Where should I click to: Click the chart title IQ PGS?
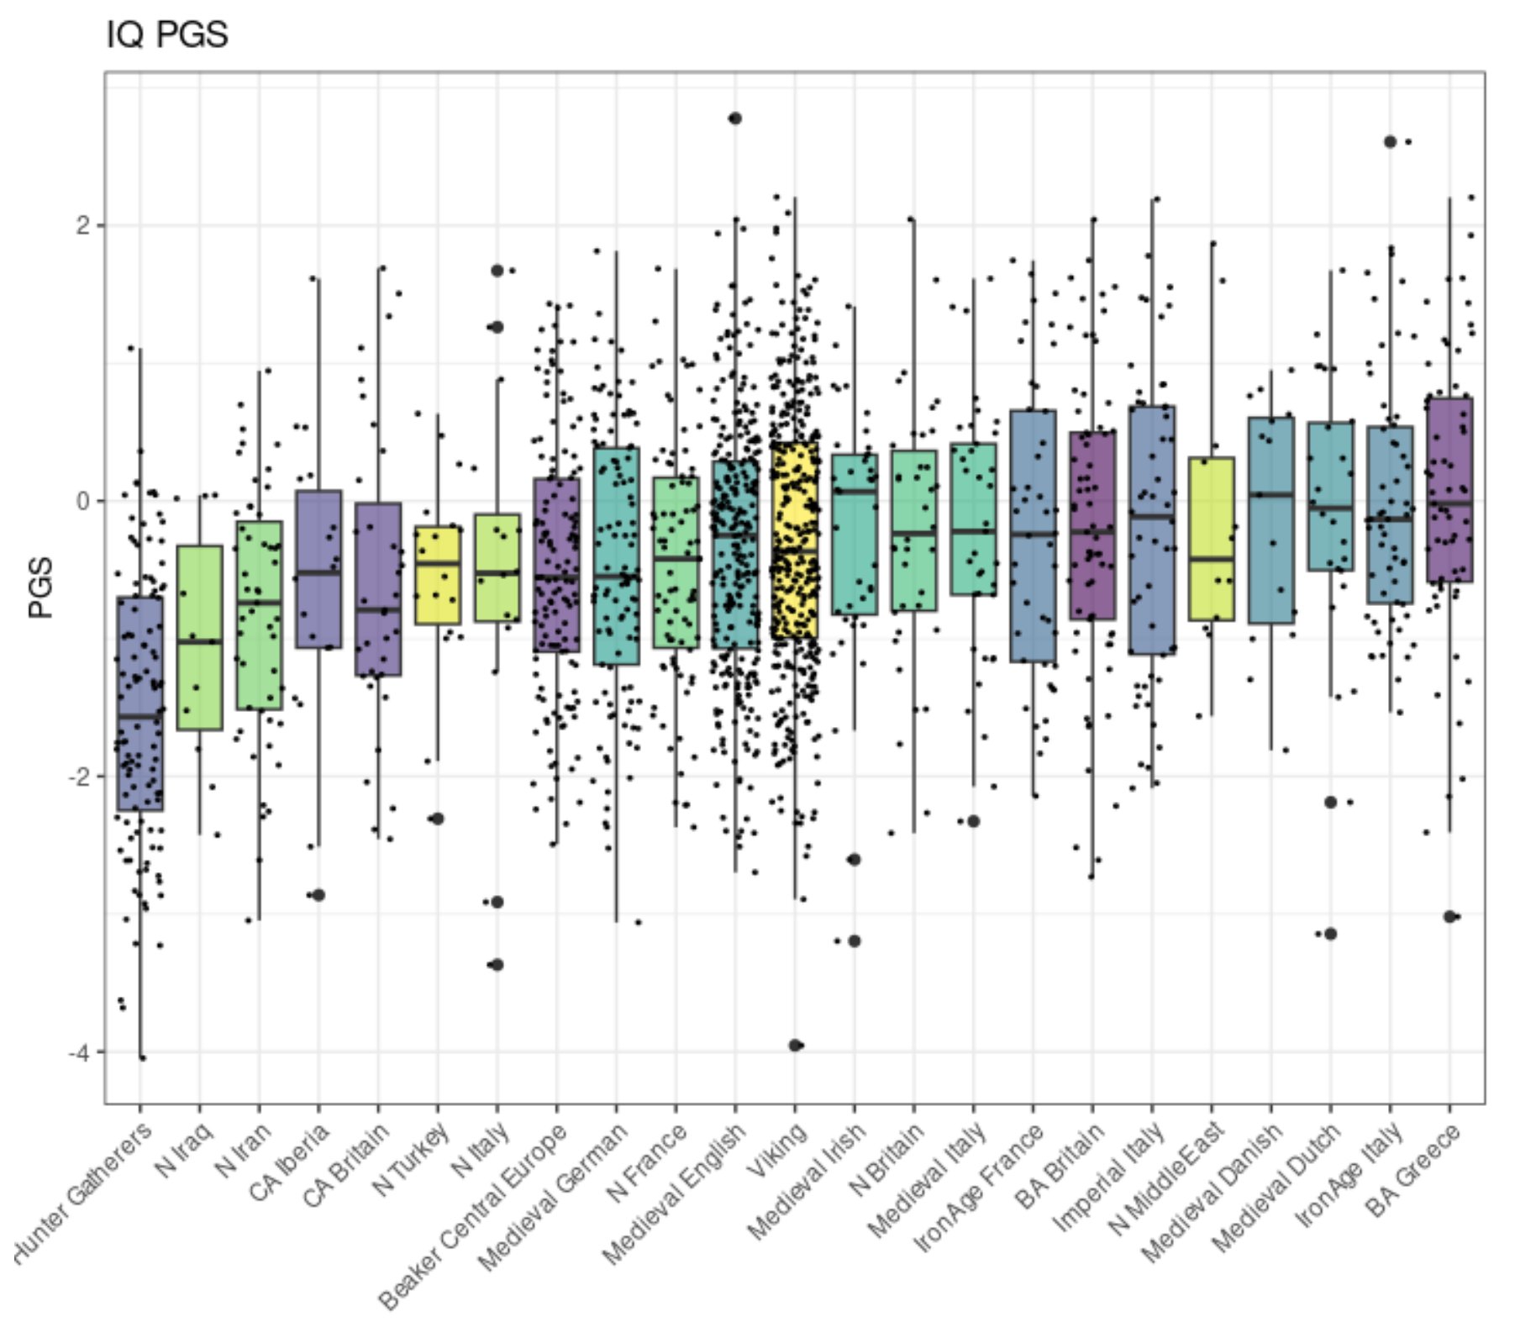pyautogui.click(x=166, y=35)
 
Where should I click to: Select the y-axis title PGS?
pyautogui.click(x=40, y=587)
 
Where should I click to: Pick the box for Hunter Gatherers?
pyautogui.click(x=140, y=703)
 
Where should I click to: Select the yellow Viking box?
pyautogui.click(x=795, y=540)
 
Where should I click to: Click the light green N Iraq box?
pyautogui.click(x=200, y=637)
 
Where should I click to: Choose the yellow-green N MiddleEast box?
pyautogui.click(x=1211, y=539)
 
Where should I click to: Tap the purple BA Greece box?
pyautogui.click(x=1449, y=489)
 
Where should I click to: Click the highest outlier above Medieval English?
pyautogui.click(x=735, y=119)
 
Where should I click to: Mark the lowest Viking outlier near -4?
pyautogui.click(x=795, y=1045)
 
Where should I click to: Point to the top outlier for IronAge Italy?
pyautogui.click(x=1390, y=142)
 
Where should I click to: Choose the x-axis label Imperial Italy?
pyautogui.click(x=1108, y=1177)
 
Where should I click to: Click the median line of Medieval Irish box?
pyautogui.click(x=855, y=492)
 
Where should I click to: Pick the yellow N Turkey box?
pyautogui.click(x=437, y=576)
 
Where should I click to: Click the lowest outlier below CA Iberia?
pyautogui.click(x=318, y=895)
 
